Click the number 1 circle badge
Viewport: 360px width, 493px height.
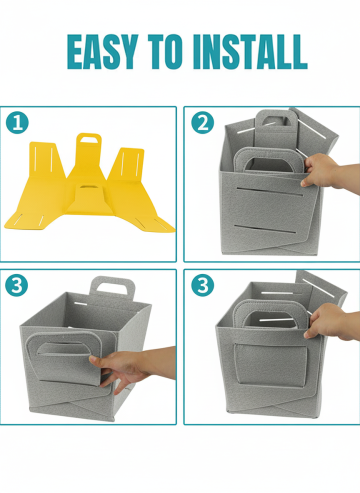pyautogui.click(x=17, y=123)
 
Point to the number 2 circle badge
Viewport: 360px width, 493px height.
pyautogui.click(x=203, y=123)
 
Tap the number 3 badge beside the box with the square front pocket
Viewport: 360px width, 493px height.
pyautogui.click(x=203, y=285)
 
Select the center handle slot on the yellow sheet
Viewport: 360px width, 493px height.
pyautogui.click(x=88, y=187)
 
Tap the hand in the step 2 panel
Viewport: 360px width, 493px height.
pyautogui.click(x=328, y=173)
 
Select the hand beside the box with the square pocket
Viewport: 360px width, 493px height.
pyautogui.click(x=330, y=323)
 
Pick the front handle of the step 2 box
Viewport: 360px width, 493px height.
pyautogui.click(x=269, y=160)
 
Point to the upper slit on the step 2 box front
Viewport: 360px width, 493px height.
pyautogui.click(x=270, y=192)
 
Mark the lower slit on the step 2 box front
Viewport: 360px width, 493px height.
pyautogui.click(x=265, y=229)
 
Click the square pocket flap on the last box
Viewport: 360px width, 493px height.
pyautogui.click(x=270, y=364)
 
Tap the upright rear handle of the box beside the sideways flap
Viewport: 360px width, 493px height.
pyautogui.click(x=113, y=287)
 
